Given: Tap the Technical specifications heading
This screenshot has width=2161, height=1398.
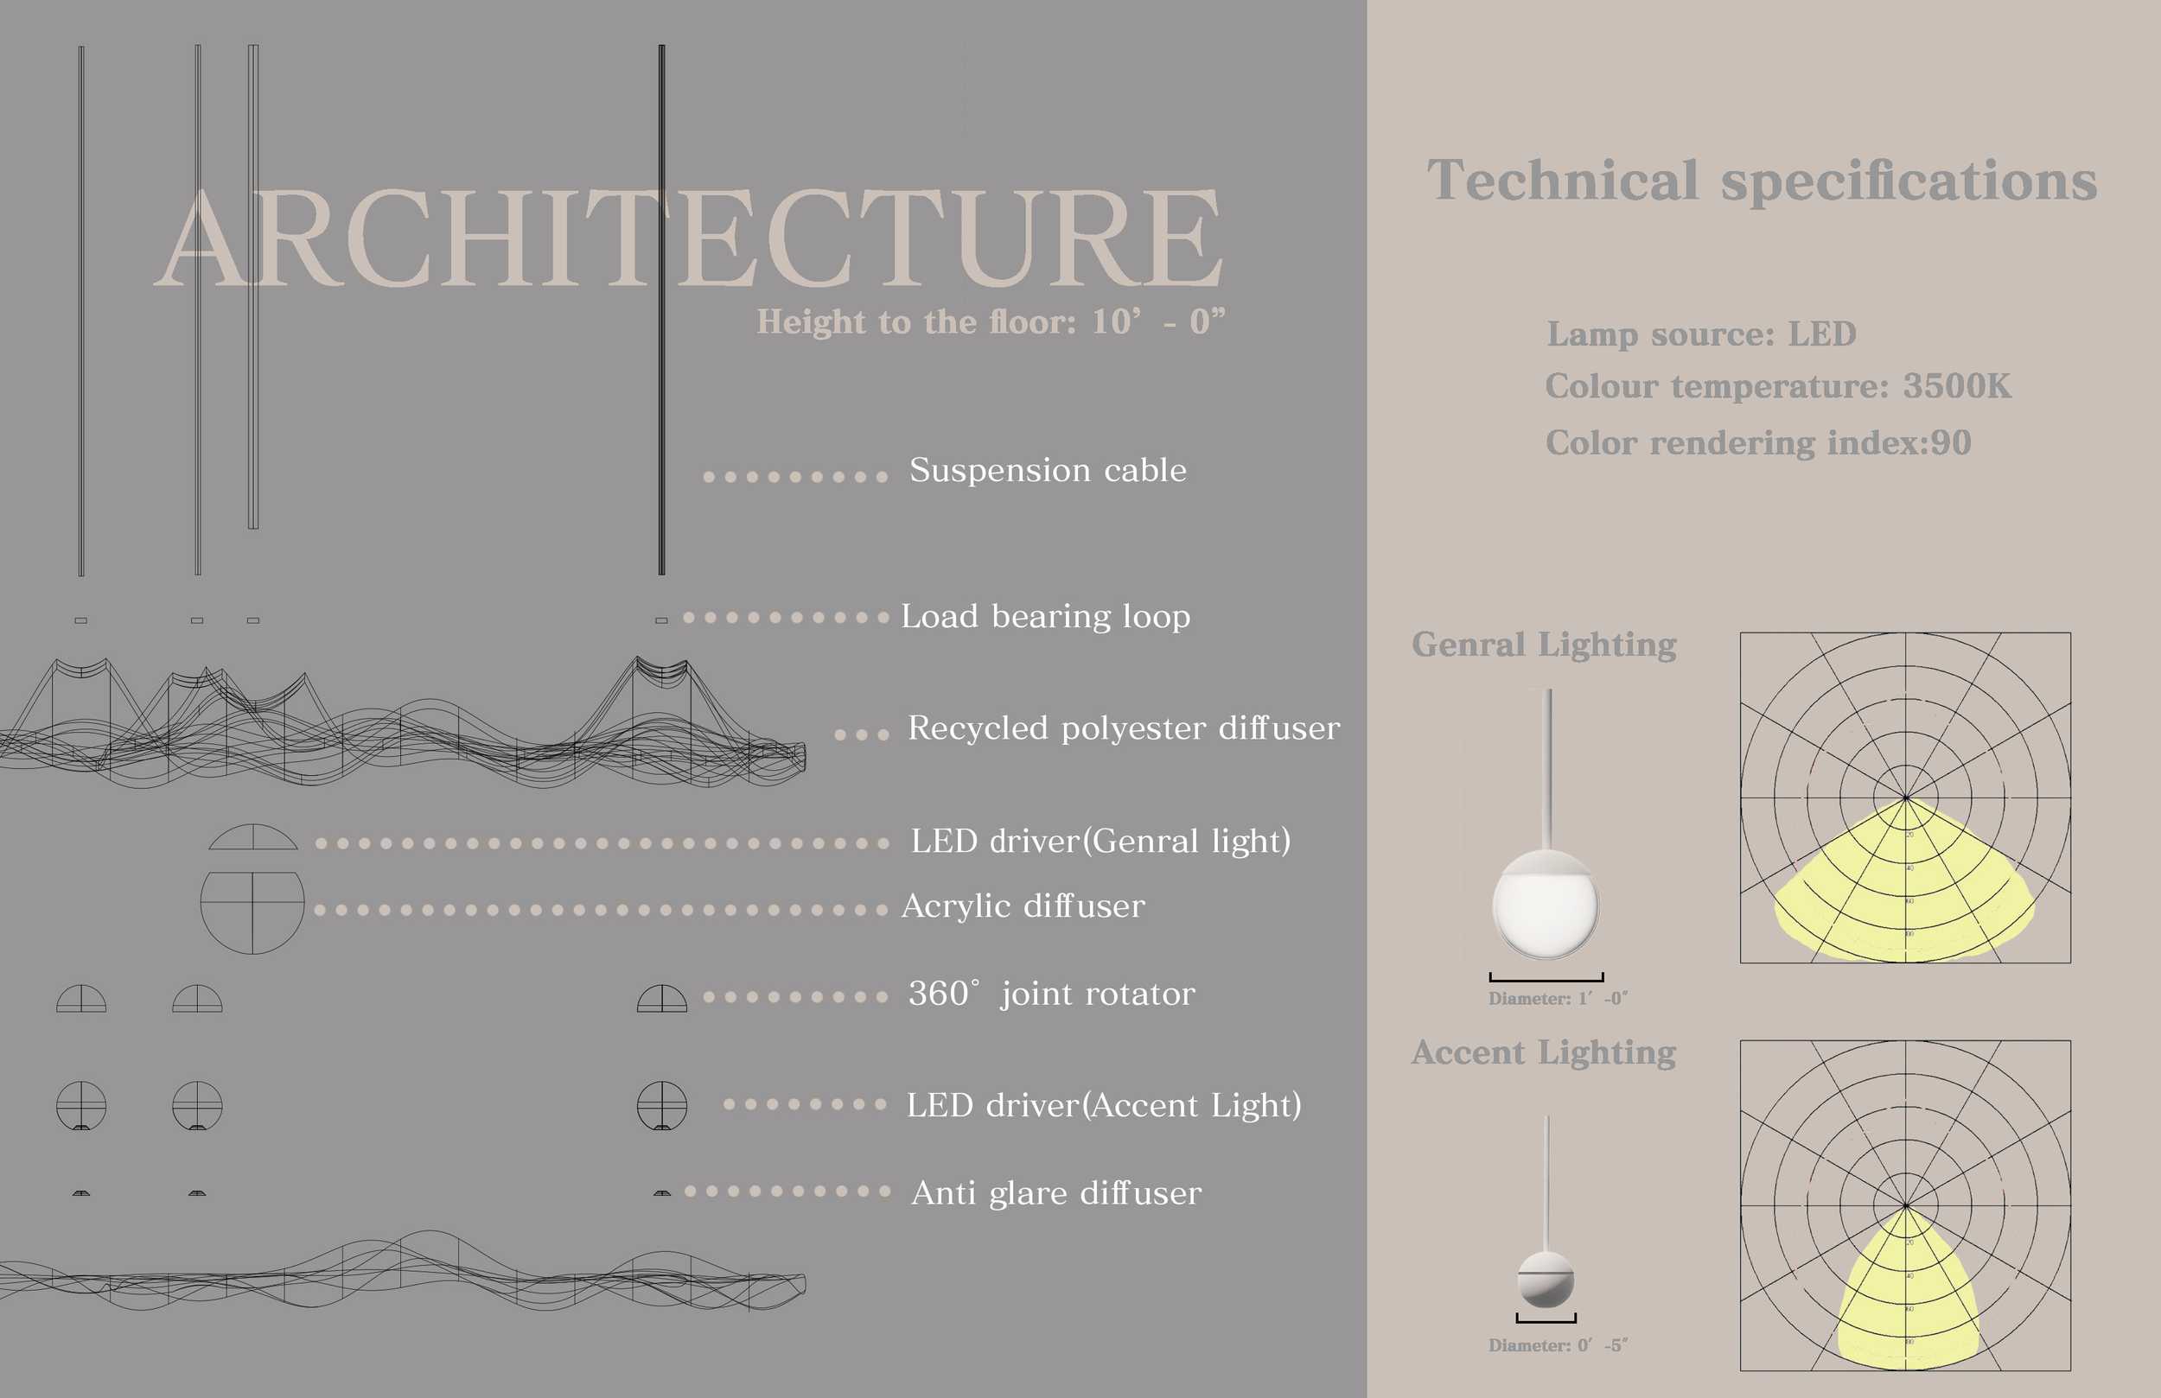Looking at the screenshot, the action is pos(1762,180).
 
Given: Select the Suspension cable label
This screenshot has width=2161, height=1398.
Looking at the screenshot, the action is pos(1048,470).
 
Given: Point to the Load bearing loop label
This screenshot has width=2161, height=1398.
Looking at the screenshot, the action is pos(1045,616).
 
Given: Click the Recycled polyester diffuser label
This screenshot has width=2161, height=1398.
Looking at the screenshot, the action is pos(1123,728).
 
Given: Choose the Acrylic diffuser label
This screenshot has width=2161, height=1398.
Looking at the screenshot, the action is pos(1023,906).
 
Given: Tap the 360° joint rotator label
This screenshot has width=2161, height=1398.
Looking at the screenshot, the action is pos(1051,994).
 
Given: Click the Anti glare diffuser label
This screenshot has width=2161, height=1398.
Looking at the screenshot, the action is pos(1056,1193).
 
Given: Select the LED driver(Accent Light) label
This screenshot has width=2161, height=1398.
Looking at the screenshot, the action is pos(1103,1106).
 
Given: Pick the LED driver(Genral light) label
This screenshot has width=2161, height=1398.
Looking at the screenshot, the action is pos(1100,842).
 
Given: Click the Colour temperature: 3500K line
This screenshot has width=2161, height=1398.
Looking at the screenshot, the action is pos(1778,387).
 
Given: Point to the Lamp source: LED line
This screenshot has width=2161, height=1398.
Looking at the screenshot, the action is pos(1701,334).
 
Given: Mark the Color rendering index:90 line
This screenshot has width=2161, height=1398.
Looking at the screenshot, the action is pos(1758,443).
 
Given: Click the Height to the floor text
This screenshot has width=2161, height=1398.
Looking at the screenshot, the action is pos(991,321).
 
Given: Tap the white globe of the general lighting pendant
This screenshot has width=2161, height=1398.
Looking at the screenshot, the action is pos(1546,908).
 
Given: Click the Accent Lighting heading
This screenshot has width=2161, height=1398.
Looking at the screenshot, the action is pos(1544,1052).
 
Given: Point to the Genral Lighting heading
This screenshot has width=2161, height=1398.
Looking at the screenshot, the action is pos(1544,645).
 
